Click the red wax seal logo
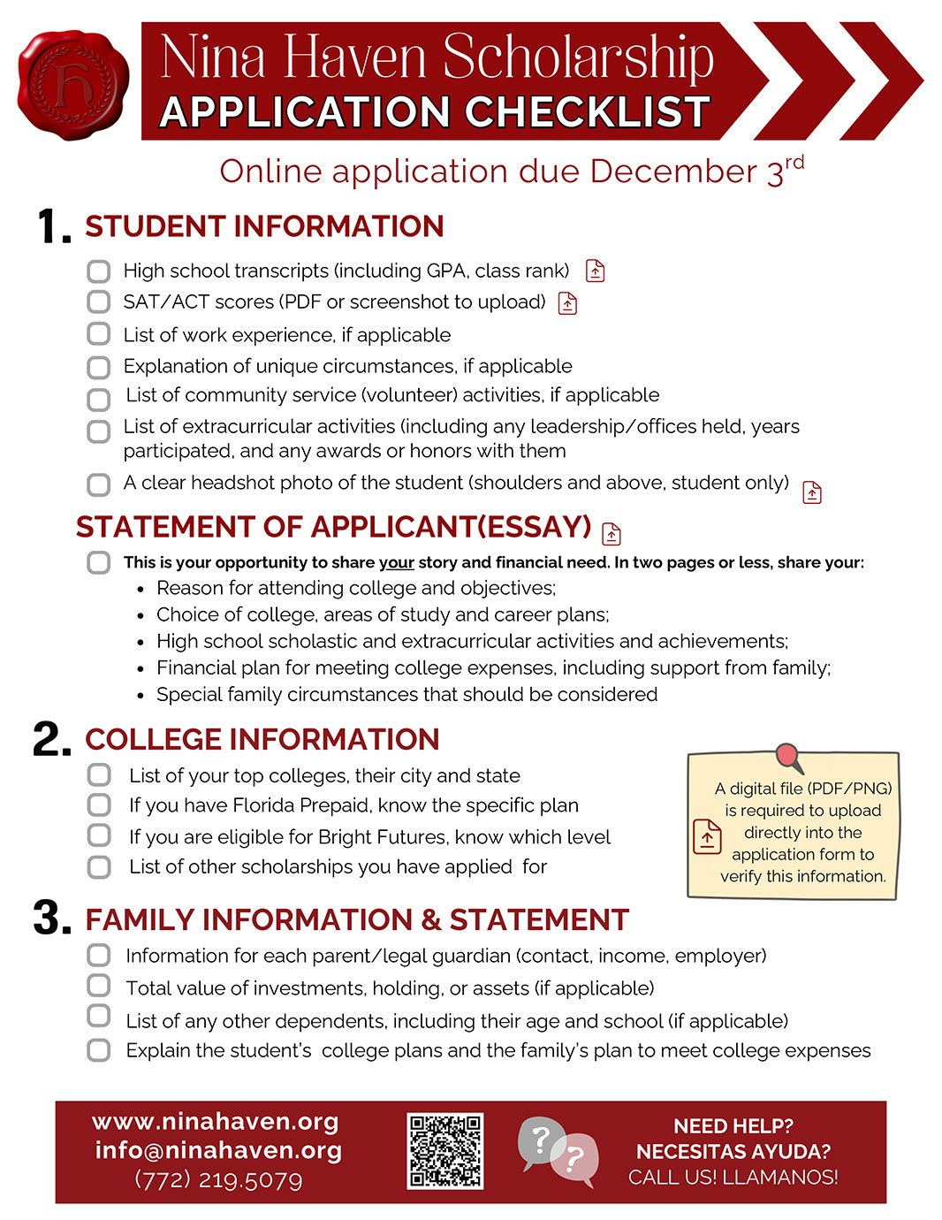(72, 84)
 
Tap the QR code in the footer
(445, 1150)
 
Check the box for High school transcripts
(99, 271)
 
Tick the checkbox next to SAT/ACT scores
(99, 302)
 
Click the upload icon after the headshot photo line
(811, 492)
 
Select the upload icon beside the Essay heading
(612, 533)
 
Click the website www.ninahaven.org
(216, 1122)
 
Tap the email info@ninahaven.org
(218, 1150)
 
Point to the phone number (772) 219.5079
(218, 1180)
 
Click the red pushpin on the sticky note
(787, 757)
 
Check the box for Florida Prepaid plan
(99, 805)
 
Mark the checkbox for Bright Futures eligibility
(99, 836)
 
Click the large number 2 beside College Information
(51, 739)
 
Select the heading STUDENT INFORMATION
(264, 226)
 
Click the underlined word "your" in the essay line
(397, 562)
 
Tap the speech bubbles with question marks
(558, 1150)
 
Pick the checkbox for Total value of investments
(99, 987)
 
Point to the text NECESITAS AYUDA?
(733, 1151)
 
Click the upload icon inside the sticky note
(707, 836)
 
